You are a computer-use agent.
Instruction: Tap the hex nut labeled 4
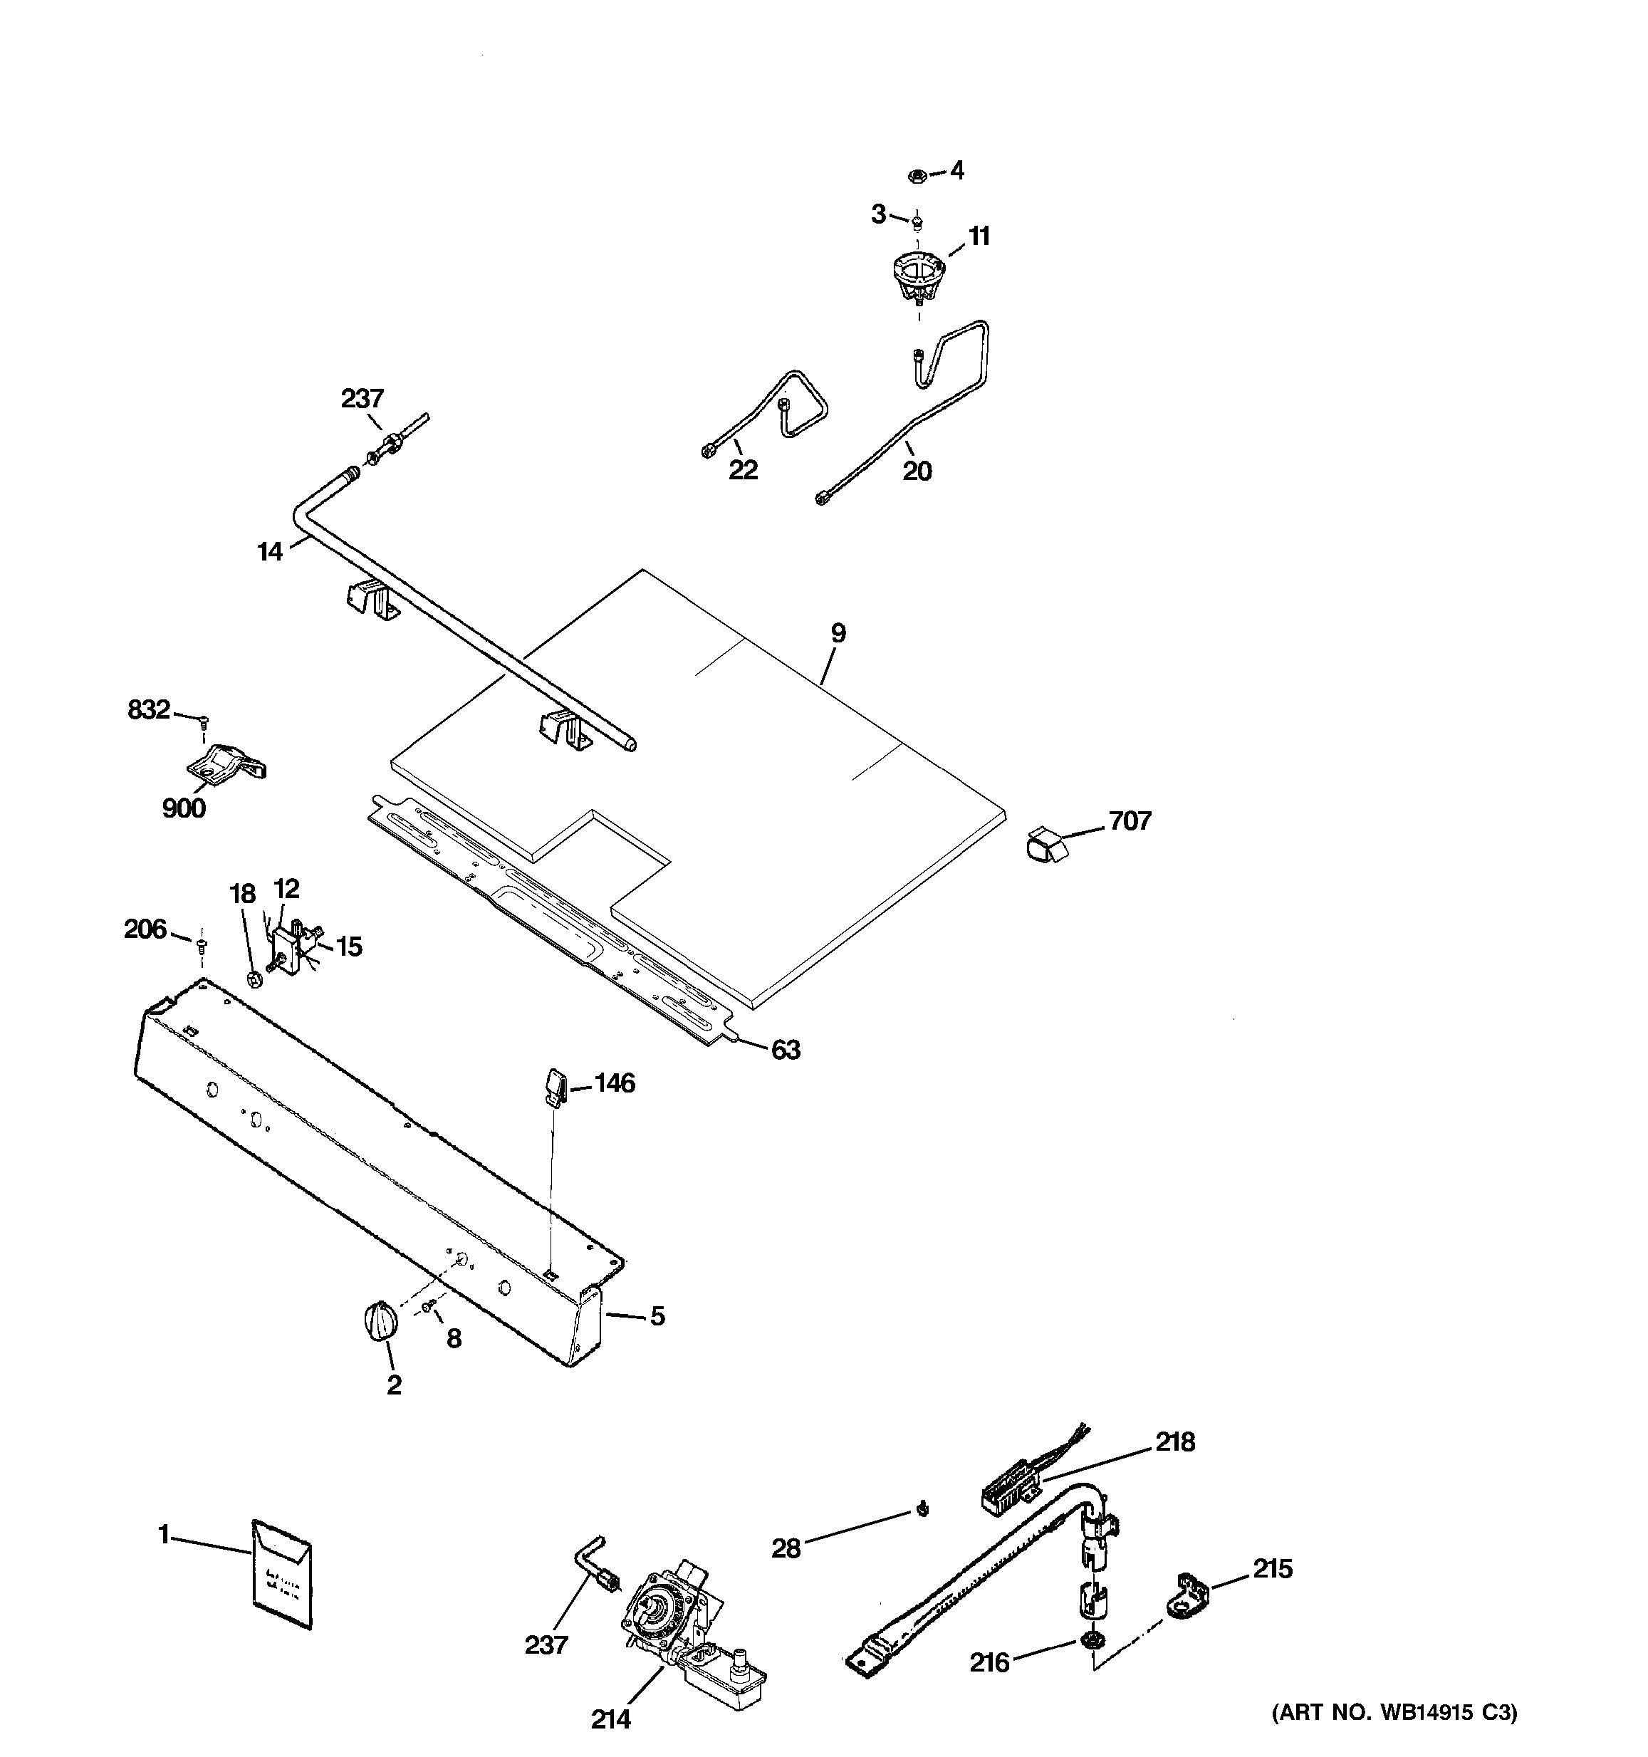(917, 176)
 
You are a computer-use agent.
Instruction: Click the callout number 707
(1130, 821)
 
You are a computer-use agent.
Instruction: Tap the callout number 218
(1174, 1442)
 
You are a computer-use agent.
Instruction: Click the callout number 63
(785, 1050)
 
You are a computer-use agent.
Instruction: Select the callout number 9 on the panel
(838, 633)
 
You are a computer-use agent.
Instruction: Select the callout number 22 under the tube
(742, 470)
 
